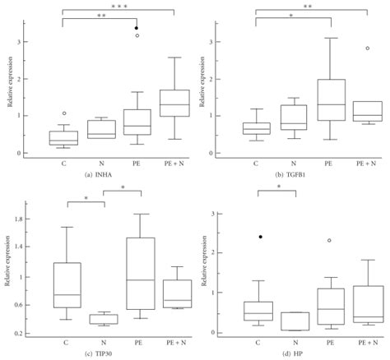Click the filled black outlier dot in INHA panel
[x=137, y=28]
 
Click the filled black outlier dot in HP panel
[x=261, y=237]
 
